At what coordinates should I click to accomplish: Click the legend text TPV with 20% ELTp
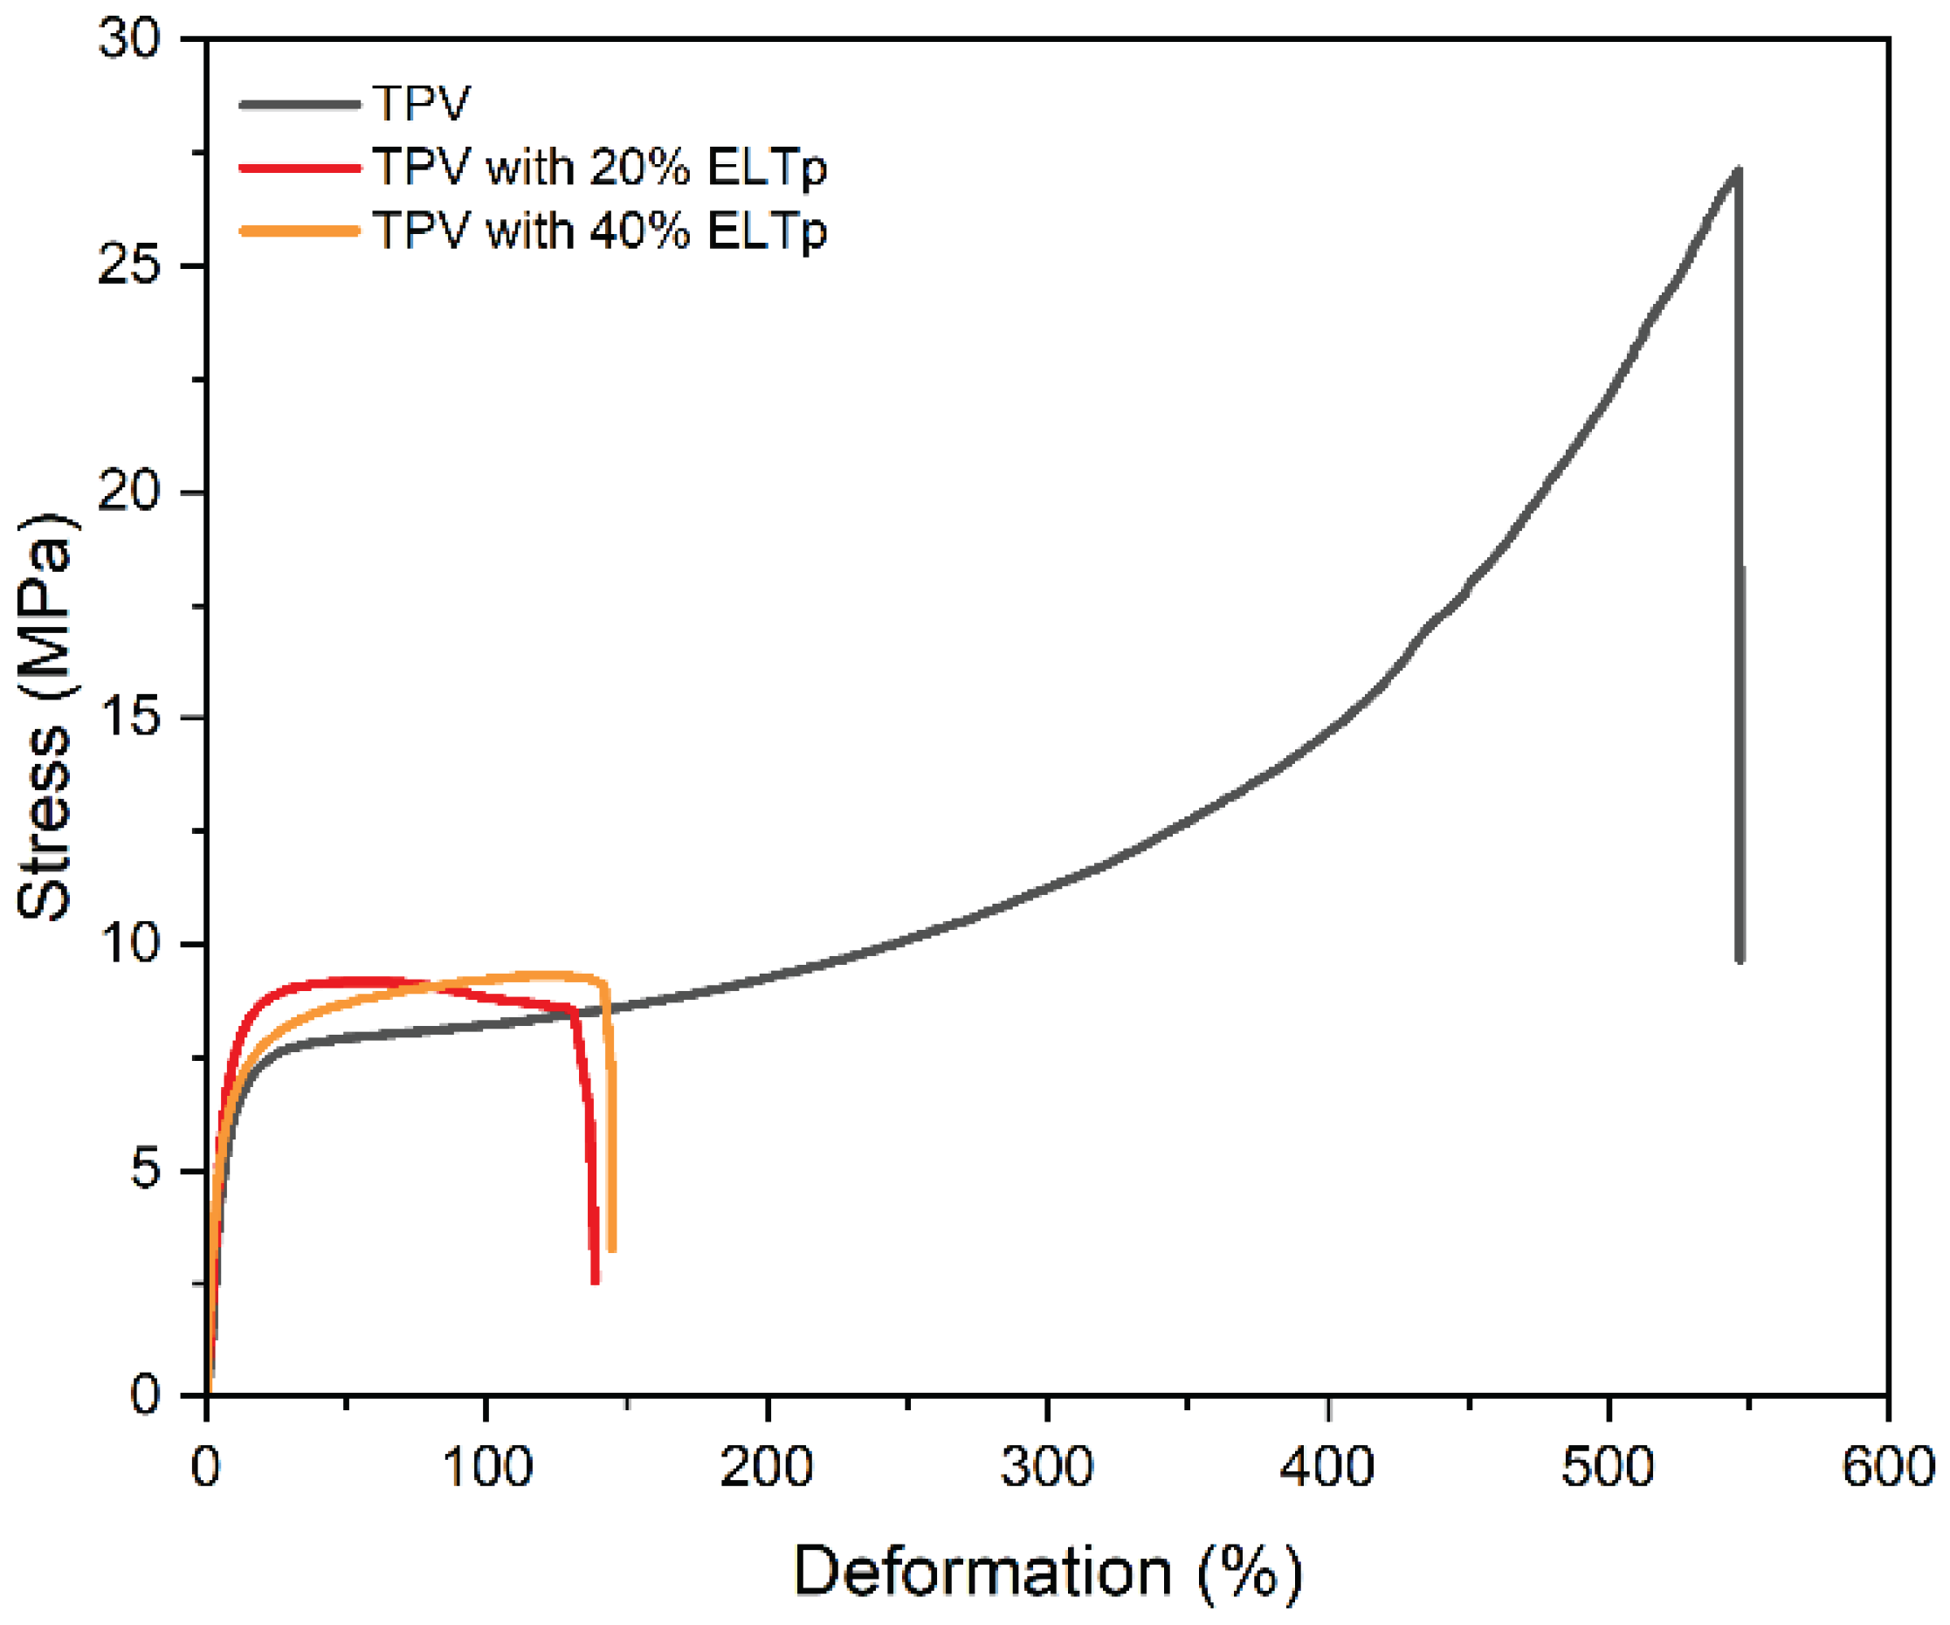point(599,168)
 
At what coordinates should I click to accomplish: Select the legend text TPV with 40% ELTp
point(599,231)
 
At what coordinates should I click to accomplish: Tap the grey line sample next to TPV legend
point(299,104)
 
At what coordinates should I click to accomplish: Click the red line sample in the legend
point(299,168)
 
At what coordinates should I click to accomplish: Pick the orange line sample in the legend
point(299,231)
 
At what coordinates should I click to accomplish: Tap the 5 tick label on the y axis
point(146,1170)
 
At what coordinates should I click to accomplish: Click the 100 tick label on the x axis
point(486,1468)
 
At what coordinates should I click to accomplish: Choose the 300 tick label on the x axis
point(1046,1468)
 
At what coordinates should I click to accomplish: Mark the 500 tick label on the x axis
point(1608,1468)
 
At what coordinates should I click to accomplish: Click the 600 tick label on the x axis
point(1888,1468)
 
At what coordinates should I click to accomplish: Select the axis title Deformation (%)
point(1047,1572)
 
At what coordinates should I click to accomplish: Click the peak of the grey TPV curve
point(1736,171)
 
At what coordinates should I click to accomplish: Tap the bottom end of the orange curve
point(612,1249)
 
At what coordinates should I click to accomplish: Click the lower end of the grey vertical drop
point(1740,960)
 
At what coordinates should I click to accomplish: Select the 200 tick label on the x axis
point(766,1468)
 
